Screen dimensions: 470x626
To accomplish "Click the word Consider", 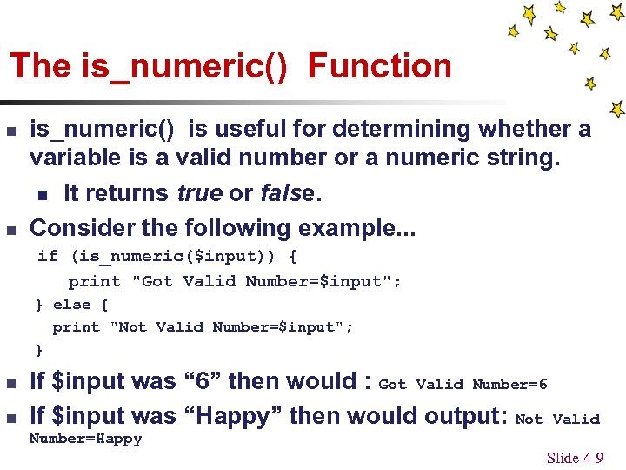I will click(82, 228).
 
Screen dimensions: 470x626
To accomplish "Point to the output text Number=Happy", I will click(85, 440).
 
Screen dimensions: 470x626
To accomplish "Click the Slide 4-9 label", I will click(575, 458).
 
